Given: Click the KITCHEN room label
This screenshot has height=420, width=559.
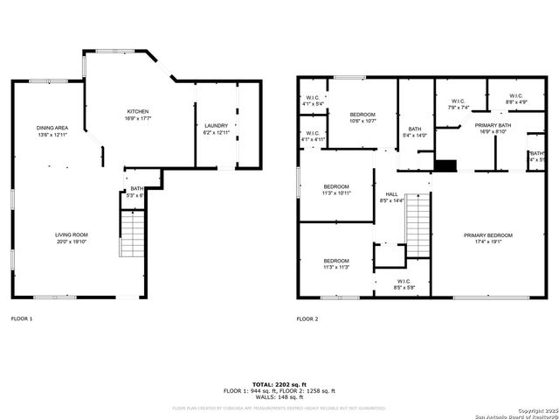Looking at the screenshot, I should pos(138,112).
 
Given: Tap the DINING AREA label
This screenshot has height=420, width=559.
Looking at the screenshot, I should pos(52,128).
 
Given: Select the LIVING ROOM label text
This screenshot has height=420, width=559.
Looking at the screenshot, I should pos(72,235).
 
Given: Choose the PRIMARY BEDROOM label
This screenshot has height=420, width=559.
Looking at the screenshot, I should pos(488,235).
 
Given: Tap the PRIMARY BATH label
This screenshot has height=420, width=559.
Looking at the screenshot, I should pos(493,126).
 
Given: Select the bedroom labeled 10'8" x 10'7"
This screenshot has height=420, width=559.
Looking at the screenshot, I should pos(362,115).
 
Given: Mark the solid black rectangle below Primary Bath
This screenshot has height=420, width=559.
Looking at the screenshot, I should pos(446,165).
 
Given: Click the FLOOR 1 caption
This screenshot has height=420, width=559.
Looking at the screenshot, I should pos(23,318).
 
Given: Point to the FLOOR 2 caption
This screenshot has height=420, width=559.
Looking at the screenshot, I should pos(307,318).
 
